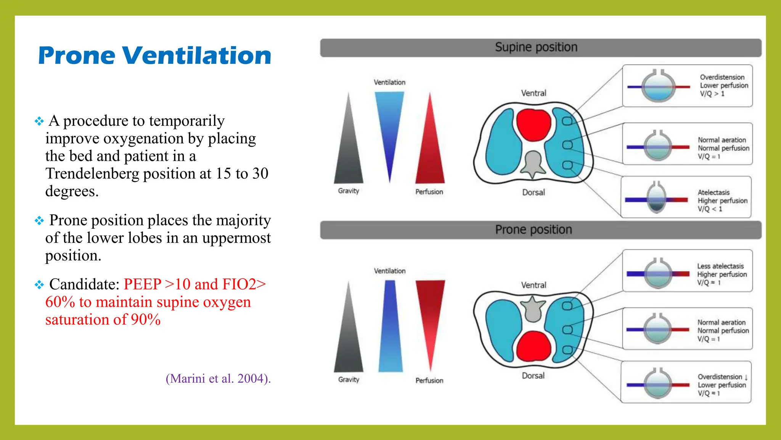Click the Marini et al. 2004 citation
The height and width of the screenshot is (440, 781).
click(x=218, y=379)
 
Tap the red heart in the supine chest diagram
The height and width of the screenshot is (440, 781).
click(x=533, y=124)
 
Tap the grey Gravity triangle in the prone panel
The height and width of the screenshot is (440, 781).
click(x=349, y=336)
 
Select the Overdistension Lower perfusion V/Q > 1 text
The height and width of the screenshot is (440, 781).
click(x=723, y=86)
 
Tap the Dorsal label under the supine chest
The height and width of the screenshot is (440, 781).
click(x=533, y=192)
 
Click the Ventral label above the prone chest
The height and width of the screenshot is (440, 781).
click(x=534, y=285)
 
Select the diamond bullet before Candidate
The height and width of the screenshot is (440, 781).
click(x=39, y=285)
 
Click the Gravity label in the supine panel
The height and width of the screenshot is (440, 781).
click(x=349, y=191)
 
